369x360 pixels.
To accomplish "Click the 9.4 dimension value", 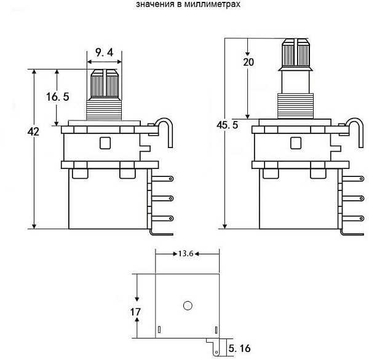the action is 105,52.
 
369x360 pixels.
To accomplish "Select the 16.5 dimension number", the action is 58,96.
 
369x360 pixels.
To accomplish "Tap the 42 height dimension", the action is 33,131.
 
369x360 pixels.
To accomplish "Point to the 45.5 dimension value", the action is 228,125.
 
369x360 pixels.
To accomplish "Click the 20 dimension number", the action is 248,62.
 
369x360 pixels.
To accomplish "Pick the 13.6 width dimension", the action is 186,254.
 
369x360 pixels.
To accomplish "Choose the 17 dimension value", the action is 135,312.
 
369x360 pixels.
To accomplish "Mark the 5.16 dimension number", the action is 239,348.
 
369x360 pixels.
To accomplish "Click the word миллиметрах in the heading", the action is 212,4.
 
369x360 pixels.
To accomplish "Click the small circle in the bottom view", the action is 188,305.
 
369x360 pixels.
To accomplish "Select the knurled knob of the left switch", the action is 105,84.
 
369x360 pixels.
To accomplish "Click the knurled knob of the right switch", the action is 296,53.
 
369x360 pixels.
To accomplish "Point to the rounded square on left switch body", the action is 105,143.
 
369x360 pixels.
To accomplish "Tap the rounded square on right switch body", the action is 296,143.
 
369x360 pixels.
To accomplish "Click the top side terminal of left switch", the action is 162,179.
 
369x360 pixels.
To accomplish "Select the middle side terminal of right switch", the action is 353,198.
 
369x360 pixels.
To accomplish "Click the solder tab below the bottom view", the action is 213,347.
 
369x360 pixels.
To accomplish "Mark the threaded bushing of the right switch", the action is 295,106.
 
